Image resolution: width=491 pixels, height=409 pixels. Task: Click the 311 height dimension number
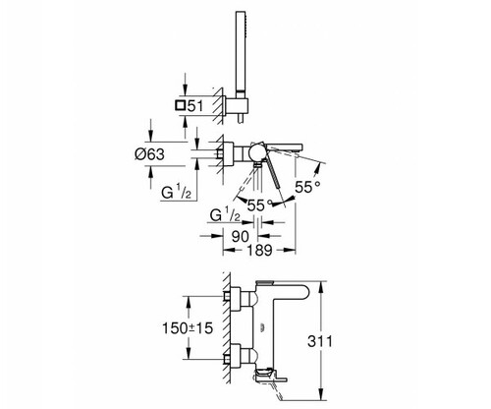tap(320, 341)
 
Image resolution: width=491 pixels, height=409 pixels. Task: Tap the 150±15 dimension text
tap(188, 328)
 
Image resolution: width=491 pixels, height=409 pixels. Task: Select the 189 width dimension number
tap(259, 251)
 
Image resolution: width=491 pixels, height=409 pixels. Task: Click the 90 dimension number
tap(241, 236)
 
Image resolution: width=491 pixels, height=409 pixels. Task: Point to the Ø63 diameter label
tap(149, 154)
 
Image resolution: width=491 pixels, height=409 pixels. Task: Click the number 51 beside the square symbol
tap(195, 106)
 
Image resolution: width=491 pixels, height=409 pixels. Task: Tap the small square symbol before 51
tap(181, 105)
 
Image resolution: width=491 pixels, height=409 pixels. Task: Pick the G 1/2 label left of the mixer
tap(176, 192)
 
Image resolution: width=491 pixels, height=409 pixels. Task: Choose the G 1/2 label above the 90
tap(225, 215)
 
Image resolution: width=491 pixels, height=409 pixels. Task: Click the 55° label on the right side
tap(307, 187)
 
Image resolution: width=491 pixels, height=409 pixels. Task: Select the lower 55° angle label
tap(260, 205)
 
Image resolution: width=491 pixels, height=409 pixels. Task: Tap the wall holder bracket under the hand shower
tap(235, 106)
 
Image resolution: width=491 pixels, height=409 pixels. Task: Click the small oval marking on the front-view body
tap(261, 327)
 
